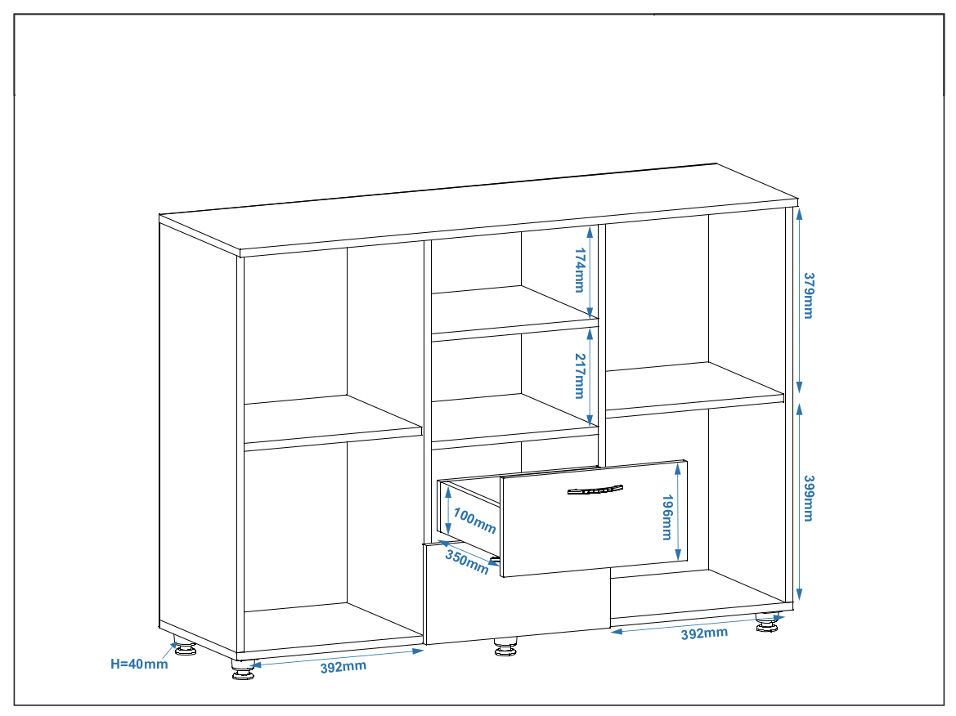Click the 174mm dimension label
click(580, 270)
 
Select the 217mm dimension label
click(580, 376)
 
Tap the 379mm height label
click(809, 296)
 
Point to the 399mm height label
click(809, 499)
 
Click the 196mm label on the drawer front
click(667, 517)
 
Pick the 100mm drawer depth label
click(475, 521)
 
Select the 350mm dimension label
click(467, 562)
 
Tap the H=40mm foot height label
click(139, 665)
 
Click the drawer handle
click(595, 490)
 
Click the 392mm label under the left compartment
click(343, 667)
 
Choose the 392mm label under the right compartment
click(704, 633)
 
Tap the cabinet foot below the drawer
click(505, 647)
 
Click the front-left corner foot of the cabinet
click(243, 669)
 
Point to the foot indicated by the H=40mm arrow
click(186, 647)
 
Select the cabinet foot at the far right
click(768, 622)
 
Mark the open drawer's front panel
click(594, 518)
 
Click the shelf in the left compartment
click(333, 423)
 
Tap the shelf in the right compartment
click(695, 390)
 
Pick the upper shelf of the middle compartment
click(515, 313)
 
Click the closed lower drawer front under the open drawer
click(517, 605)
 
